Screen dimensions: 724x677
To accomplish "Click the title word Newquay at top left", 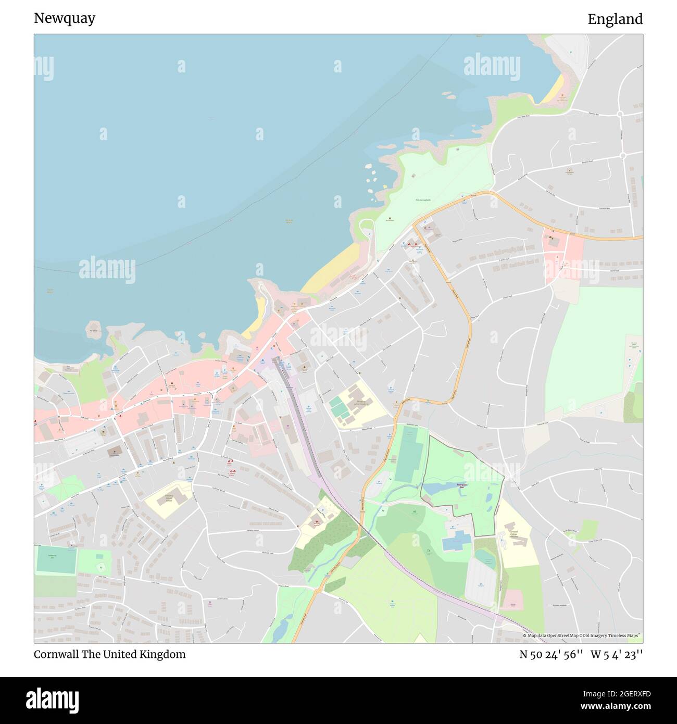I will pyautogui.click(x=65, y=19).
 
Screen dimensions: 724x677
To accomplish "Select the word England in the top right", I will pyautogui.click(x=615, y=19).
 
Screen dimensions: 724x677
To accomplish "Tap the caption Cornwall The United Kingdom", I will pyautogui.click(x=109, y=654).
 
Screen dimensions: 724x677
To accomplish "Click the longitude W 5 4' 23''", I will pyautogui.click(x=616, y=654).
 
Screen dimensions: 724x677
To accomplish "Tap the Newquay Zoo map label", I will pyautogui.click(x=462, y=485).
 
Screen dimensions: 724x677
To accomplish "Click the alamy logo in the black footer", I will pyautogui.click(x=53, y=699).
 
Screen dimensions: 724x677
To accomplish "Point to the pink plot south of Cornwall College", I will pyautogui.click(x=513, y=600).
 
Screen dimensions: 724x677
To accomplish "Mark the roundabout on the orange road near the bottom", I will pyautogui.click(x=317, y=591).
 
